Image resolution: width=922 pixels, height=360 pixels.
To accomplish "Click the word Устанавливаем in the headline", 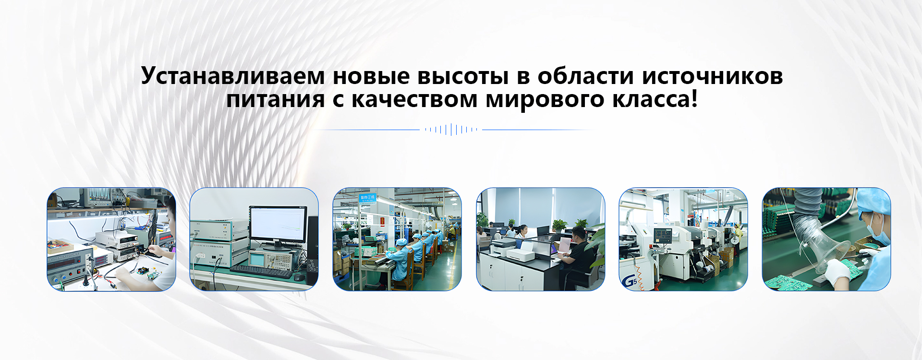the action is (x=233, y=76).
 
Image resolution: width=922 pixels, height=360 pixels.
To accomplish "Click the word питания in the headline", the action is (x=276, y=100).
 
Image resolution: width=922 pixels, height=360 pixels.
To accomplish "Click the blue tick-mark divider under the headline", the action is (x=451, y=130).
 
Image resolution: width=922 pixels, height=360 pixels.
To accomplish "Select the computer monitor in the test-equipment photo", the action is (x=278, y=226).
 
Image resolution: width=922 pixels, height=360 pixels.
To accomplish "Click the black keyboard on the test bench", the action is (x=262, y=271).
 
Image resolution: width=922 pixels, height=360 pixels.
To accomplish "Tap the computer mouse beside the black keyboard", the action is (x=299, y=277).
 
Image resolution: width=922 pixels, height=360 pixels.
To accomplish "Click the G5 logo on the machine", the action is (x=629, y=281).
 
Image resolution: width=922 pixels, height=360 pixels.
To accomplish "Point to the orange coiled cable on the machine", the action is (x=640, y=276).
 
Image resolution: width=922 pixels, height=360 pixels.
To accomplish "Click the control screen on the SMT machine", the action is (x=663, y=236).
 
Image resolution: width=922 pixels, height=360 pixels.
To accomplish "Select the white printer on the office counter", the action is (x=521, y=251).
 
